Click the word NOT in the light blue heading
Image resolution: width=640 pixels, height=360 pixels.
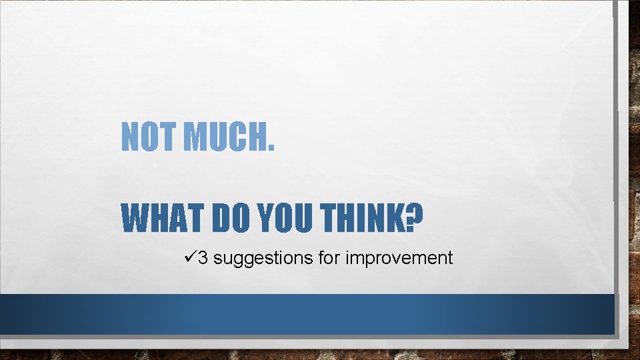click(149, 137)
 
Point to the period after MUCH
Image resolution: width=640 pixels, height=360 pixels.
click(269, 147)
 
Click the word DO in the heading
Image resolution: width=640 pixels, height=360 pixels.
click(231, 218)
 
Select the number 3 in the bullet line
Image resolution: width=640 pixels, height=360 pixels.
click(203, 257)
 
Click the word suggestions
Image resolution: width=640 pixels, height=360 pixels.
click(263, 258)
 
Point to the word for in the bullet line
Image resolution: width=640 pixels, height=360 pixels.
click(329, 257)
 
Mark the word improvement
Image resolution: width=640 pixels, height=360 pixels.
click(399, 258)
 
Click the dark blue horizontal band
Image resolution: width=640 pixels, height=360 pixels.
click(307, 314)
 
